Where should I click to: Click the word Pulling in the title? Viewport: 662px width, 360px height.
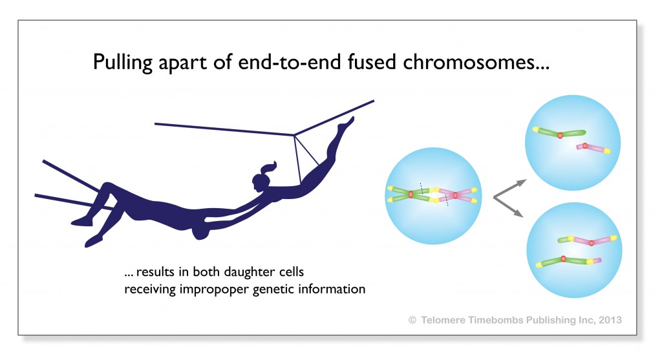coord(122,63)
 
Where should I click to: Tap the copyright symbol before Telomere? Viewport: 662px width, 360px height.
coord(412,321)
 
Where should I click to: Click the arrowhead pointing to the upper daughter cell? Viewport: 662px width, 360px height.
coord(522,183)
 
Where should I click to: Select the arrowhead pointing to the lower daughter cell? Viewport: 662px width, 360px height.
coord(519,214)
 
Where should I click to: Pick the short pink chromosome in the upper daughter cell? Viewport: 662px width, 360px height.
coord(593,148)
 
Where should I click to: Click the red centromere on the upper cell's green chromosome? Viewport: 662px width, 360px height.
coord(560,136)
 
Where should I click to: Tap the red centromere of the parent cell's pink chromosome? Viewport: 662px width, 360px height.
coord(455,195)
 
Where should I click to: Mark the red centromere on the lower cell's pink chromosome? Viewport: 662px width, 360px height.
coord(592,242)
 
